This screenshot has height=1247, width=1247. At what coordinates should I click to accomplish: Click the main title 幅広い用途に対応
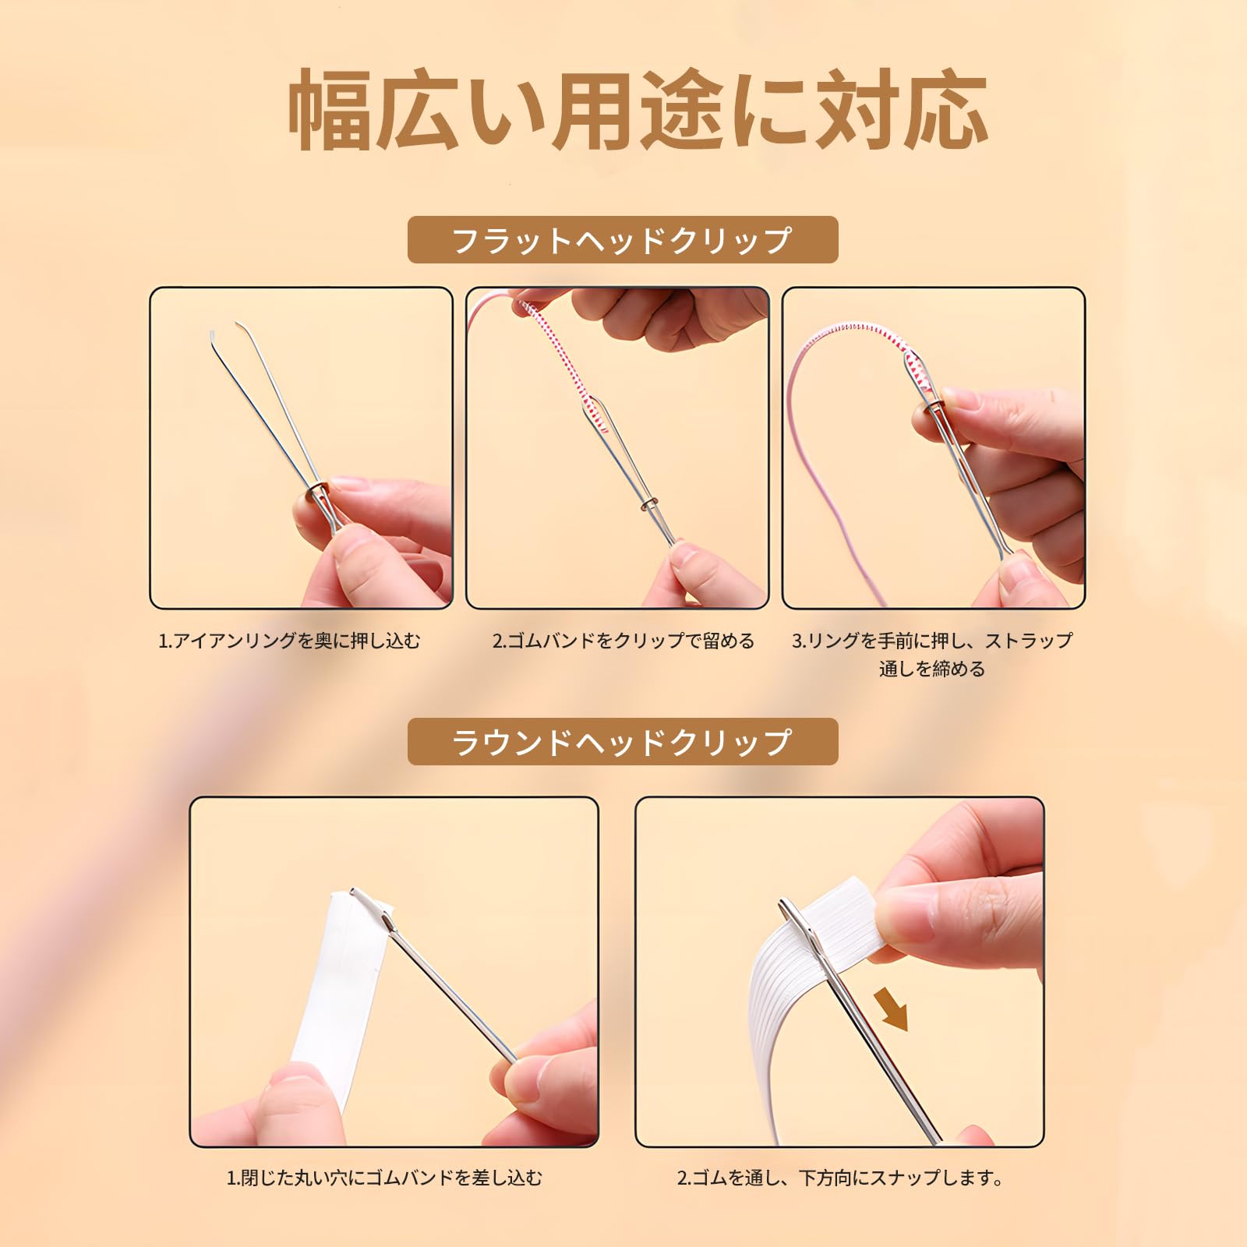[x=638, y=110]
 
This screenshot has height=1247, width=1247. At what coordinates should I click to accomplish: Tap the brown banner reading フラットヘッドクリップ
[x=623, y=240]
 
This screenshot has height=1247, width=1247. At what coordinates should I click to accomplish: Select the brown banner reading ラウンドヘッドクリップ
[x=623, y=742]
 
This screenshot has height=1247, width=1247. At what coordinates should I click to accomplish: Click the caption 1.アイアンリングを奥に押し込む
[x=289, y=641]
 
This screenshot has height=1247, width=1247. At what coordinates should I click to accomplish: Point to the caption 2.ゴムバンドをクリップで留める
[x=623, y=641]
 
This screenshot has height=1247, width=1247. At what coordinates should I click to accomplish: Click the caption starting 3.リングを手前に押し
[x=932, y=655]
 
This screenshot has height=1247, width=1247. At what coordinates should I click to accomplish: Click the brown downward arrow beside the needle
[x=892, y=1009]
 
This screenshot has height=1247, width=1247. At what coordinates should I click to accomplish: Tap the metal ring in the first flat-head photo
[x=318, y=491]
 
